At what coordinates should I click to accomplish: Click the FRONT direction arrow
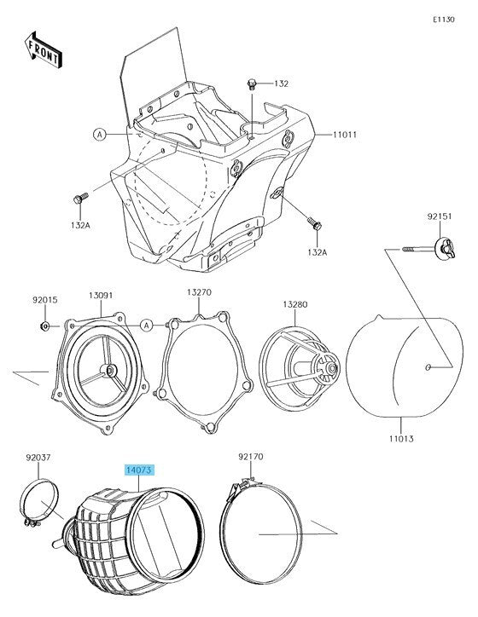click(x=44, y=49)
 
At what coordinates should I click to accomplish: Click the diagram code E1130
click(x=443, y=20)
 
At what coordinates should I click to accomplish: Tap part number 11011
click(x=345, y=135)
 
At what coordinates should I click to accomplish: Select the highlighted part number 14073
click(x=139, y=470)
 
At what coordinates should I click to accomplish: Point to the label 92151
click(x=440, y=216)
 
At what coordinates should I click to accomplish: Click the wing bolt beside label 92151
click(x=445, y=248)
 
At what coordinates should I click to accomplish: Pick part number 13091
click(x=101, y=295)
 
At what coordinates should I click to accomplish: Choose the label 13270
click(x=199, y=292)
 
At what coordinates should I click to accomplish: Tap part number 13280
click(x=295, y=304)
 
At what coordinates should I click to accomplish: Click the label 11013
click(x=401, y=438)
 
